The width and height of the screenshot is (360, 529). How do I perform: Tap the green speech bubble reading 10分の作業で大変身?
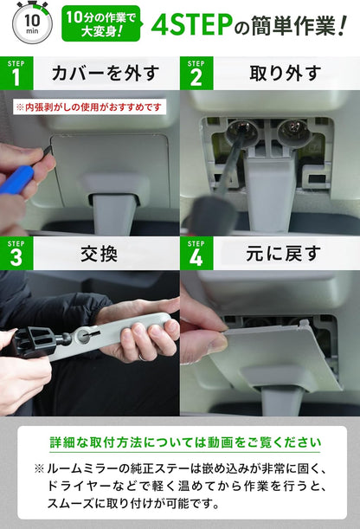pyautogui.click(x=101, y=23)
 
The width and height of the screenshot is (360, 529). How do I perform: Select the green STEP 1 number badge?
pyautogui.click(x=16, y=75)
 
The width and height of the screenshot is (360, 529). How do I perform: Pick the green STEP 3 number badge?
pyautogui.click(x=16, y=255)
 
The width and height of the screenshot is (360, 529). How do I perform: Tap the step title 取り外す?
pyautogui.click(x=273, y=74)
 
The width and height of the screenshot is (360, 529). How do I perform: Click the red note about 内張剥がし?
pyautogui.click(x=88, y=107)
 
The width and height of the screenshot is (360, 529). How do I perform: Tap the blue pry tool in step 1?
pyautogui.click(x=17, y=180)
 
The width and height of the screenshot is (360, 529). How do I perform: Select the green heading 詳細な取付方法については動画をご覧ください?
pyautogui.click(x=179, y=442)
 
